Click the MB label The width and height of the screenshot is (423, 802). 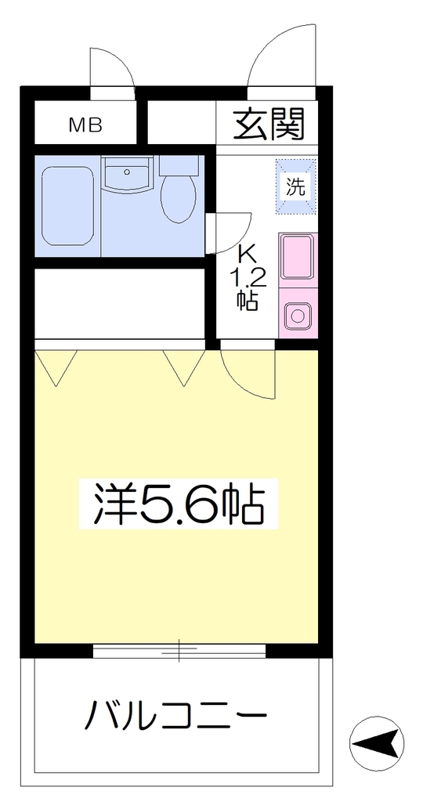pos(86,125)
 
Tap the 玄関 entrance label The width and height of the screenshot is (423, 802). pos(269,124)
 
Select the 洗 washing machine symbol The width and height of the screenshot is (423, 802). pos(296,187)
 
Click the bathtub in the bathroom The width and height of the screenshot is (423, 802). pos(67,206)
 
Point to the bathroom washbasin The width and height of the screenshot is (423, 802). pos(126,174)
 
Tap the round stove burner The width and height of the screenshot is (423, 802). pos(298,316)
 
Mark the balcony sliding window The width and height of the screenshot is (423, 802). pos(179,650)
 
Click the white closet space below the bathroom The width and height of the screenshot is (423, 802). pos(120,303)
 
